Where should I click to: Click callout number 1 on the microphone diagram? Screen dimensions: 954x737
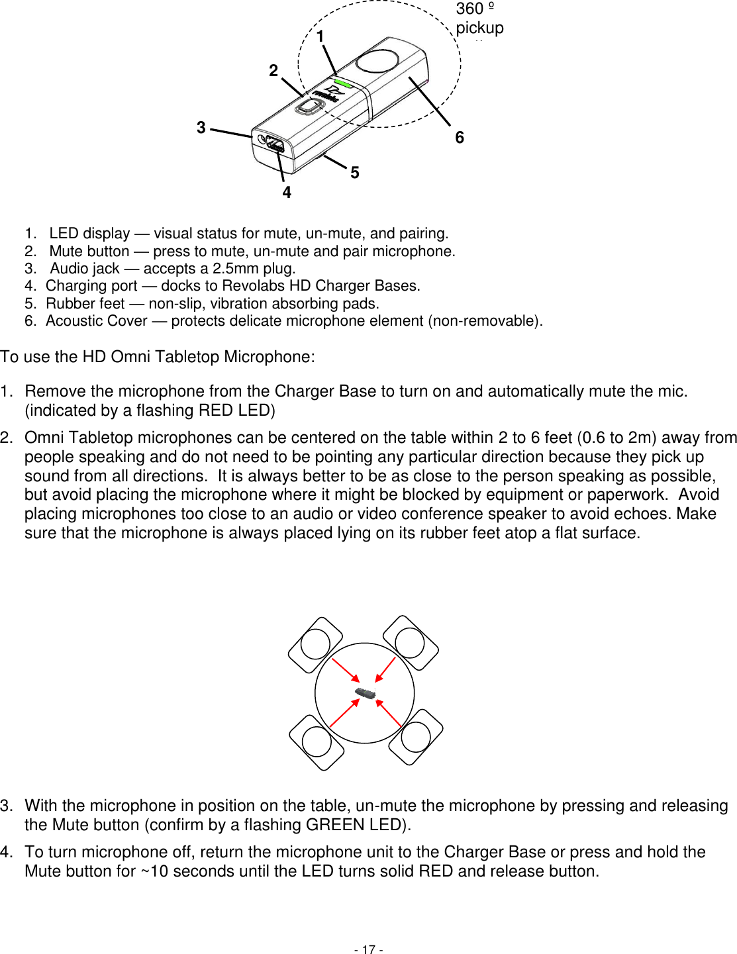point(320,36)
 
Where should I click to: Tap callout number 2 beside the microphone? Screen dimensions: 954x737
point(273,70)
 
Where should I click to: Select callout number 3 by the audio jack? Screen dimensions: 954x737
point(201,127)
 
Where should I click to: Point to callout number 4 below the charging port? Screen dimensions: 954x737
point(287,192)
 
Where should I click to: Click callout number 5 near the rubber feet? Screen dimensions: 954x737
point(355,172)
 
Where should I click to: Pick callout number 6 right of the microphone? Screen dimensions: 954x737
point(460,137)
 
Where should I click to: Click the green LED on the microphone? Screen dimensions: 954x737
point(343,83)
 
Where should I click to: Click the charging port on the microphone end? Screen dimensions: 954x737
point(275,146)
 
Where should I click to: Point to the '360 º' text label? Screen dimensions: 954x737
point(475,9)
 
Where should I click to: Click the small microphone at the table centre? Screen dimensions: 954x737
point(365,693)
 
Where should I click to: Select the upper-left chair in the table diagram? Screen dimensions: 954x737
point(315,644)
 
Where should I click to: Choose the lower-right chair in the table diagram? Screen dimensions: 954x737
point(416,736)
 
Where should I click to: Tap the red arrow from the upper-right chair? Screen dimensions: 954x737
point(385,669)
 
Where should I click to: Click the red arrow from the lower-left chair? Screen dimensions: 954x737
point(344,714)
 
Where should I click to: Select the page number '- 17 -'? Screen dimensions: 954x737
point(368,949)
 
